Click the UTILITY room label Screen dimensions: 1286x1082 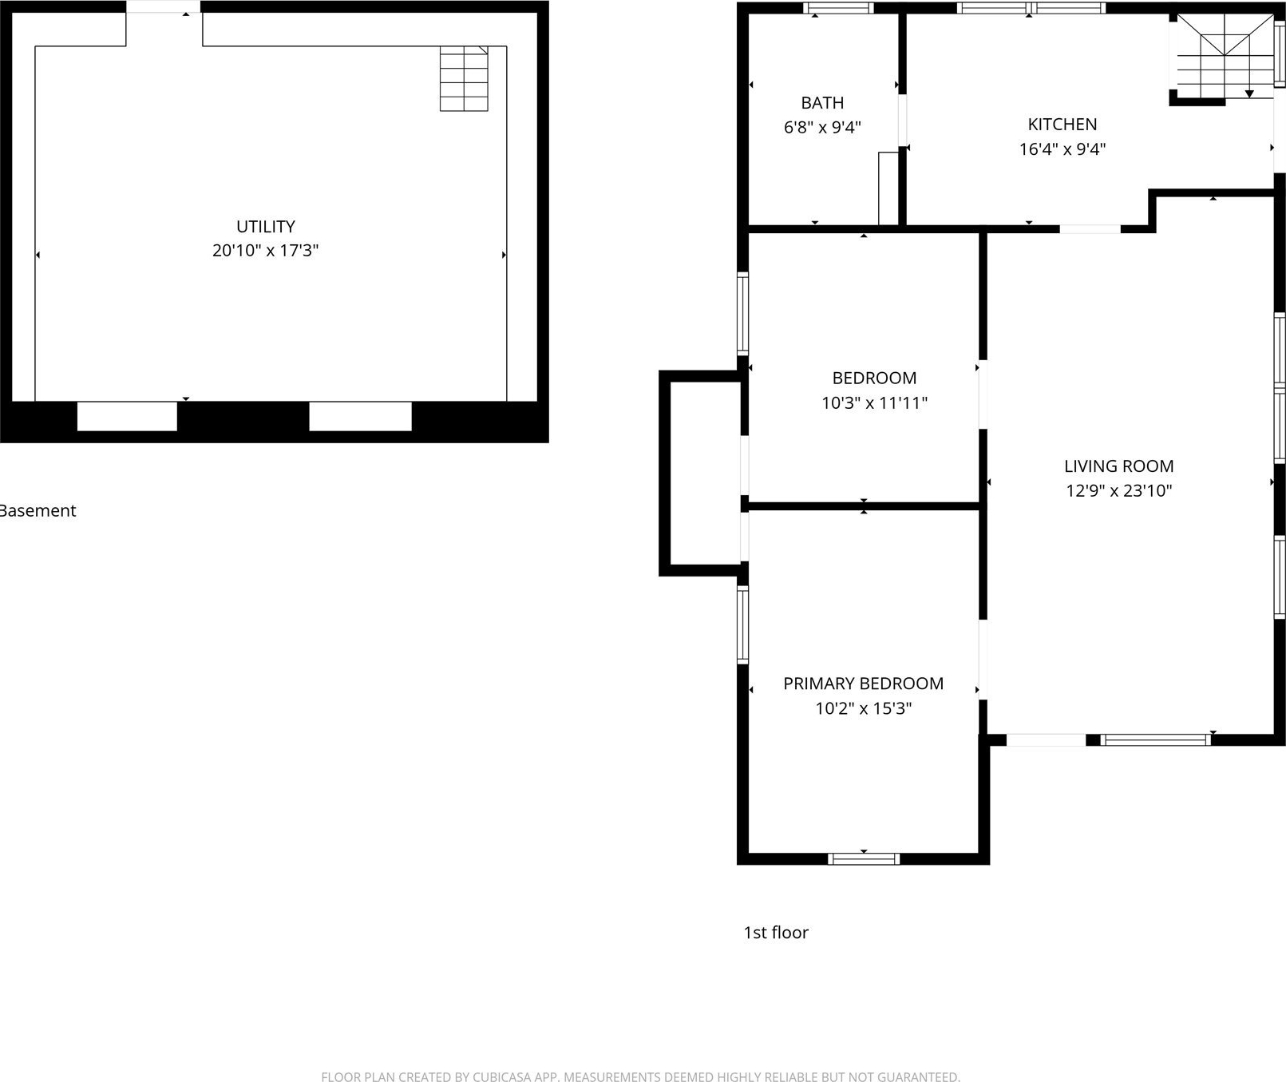[x=266, y=227]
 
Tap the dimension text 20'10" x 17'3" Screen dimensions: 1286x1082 [x=266, y=251]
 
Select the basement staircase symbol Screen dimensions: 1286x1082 [x=464, y=78]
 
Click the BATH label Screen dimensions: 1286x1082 [x=822, y=103]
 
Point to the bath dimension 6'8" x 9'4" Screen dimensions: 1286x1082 [x=822, y=127]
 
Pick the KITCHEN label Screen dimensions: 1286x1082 [x=1062, y=125]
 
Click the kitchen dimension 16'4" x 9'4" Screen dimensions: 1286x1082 [x=1062, y=149]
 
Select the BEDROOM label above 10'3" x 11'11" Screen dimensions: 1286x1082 [x=874, y=379]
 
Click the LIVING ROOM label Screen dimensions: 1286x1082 [x=1119, y=466]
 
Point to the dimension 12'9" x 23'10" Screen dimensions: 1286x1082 [x=1119, y=491]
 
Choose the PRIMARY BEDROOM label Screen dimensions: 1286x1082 [x=864, y=684]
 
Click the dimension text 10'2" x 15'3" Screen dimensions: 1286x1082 [x=864, y=708]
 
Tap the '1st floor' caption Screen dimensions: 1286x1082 [x=776, y=933]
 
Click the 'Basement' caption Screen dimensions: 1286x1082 [x=38, y=511]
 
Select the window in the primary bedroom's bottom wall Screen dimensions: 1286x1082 [x=864, y=859]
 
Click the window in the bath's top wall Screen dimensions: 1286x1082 [x=838, y=9]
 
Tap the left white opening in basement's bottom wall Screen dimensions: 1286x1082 [x=127, y=416]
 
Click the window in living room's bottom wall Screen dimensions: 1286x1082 [x=1155, y=740]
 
